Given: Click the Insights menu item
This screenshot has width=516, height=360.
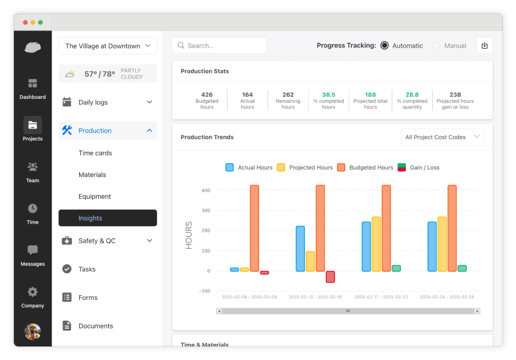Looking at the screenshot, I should pyautogui.click(x=107, y=218).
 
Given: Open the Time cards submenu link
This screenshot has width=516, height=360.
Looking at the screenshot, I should pyautogui.click(x=95, y=153).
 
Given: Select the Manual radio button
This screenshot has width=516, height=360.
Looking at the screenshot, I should pyautogui.click(x=436, y=45).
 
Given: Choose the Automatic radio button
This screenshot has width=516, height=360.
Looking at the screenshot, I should pyautogui.click(x=384, y=45).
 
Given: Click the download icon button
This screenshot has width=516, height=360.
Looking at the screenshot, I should pyautogui.click(x=484, y=45).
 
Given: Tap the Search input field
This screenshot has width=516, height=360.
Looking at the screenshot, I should pyautogui.click(x=219, y=45).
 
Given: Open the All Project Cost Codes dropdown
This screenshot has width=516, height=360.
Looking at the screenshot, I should pyautogui.click(x=442, y=137).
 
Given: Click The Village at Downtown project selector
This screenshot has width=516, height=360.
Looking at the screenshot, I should pyautogui.click(x=107, y=46).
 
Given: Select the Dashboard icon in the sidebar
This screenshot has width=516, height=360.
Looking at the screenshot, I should pyautogui.click(x=33, y=84).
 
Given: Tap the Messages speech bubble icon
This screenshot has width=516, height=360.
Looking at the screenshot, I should pyautogui.click(x=33, y=250).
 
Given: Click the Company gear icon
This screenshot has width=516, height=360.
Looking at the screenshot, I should pyautogui.click(x=33, y=292).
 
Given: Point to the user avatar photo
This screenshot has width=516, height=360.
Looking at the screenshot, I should pyautogui.click(x=33, y=331).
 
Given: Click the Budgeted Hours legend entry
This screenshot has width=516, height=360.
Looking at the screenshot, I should pyautogui.click(x=365, y=167).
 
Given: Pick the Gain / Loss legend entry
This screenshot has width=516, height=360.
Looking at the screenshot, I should pyautogui.click(x=418, y=167).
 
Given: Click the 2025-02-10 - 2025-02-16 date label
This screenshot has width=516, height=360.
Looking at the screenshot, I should pyautogui.click(x=315, y=297).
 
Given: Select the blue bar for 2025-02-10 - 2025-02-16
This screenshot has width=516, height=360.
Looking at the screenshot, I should pyautogui.click(x=300, y=249).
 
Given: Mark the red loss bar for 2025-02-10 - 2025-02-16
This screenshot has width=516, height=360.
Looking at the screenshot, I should pyautogui.click(x=330, y=277).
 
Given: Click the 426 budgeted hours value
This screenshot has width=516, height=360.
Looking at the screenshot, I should pyautogui.click(x=207, y=95).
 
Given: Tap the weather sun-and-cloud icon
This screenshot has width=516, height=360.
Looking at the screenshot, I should pyautogui.click(x=71, y=74).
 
